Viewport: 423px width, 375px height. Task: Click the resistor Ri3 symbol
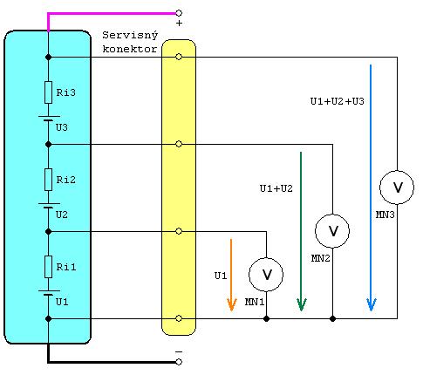point(48,92)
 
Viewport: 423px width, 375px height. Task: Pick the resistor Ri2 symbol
point(48,180)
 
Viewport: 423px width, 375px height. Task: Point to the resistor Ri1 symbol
point(48,267)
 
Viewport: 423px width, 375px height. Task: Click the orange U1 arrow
point(231,275)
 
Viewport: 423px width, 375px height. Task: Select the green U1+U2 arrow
point(301,231)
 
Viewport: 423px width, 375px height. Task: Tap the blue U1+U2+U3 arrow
point(371,187)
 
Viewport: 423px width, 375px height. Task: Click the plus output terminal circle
point(179,13)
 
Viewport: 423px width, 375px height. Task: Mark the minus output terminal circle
point(179,362)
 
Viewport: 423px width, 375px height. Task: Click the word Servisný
point(130,36)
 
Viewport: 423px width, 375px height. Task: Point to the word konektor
point(130,49)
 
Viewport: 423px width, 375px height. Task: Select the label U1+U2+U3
point(338,101)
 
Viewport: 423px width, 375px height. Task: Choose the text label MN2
point(321,258)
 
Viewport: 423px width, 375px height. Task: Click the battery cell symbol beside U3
point(49,119)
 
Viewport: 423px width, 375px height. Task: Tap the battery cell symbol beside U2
point(49,206)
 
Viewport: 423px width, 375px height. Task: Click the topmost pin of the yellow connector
point(179,57)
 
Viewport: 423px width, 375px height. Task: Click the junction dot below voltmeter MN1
point(266,318)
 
